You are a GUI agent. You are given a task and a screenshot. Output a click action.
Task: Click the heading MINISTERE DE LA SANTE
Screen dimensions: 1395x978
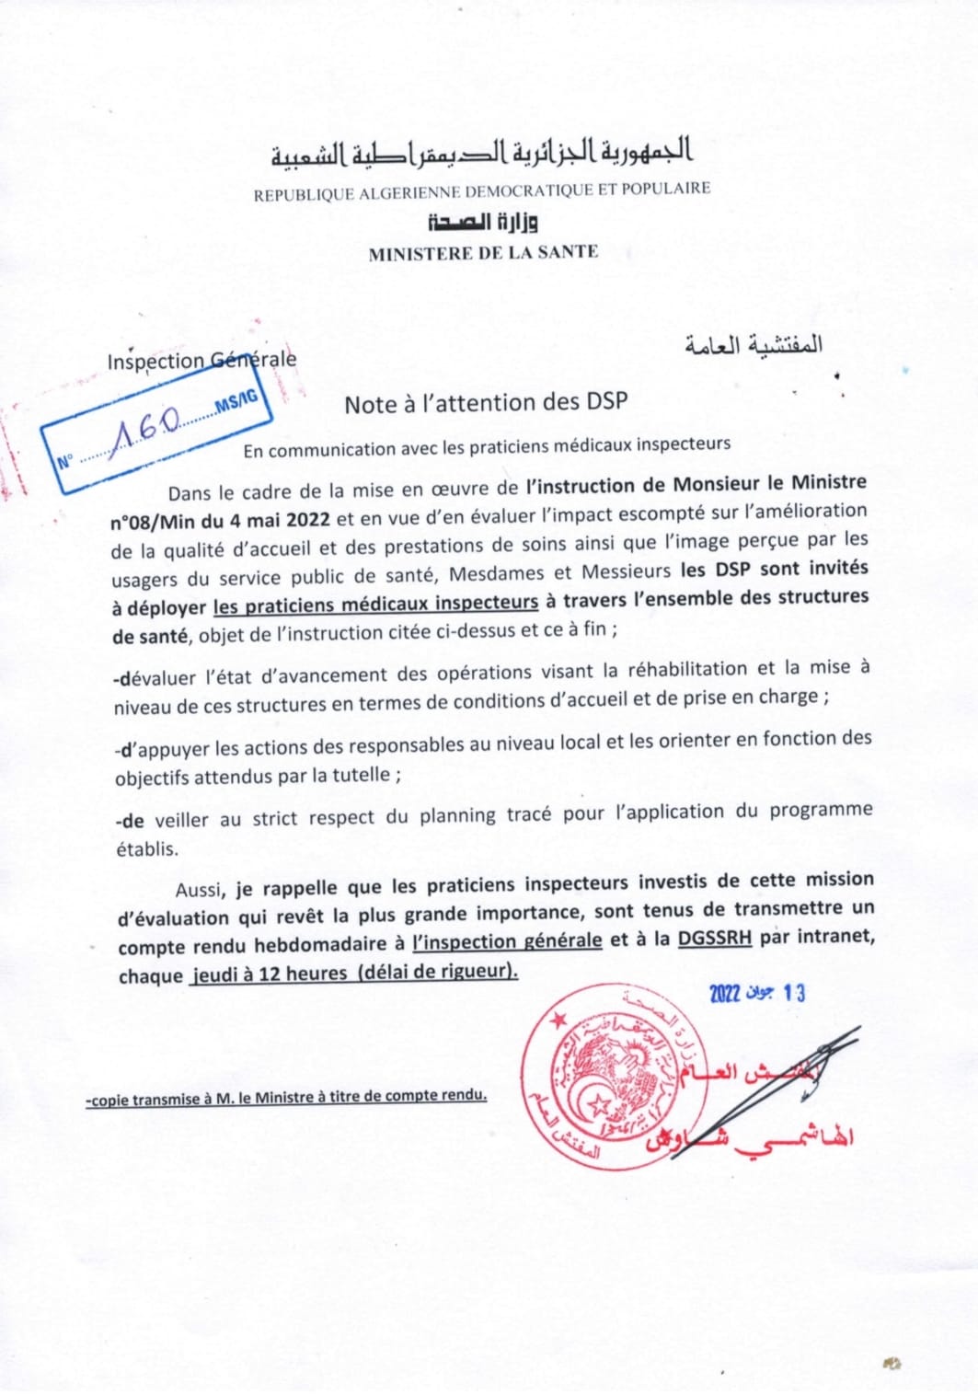click(x=483, y=253)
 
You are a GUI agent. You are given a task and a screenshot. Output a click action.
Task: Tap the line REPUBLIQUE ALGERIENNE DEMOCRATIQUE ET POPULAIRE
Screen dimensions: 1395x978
click(x=482, y=191)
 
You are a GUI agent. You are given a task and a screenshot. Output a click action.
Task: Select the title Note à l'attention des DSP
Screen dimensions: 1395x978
click(x=486, y=403)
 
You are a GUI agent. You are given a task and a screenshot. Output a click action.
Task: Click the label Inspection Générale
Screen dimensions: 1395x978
click(x=201, y=360)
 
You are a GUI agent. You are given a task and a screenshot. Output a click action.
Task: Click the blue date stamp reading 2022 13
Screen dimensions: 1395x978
click(x=757, y=993)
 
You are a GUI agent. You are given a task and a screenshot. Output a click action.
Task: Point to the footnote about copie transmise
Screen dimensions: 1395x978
click(x=286, y=1097)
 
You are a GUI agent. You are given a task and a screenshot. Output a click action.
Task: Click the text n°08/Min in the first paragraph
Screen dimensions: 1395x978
click(x=153, y=522)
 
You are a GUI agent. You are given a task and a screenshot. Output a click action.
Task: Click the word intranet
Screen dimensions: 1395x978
click(x=834, y=937)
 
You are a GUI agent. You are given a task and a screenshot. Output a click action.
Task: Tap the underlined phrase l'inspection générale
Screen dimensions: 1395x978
click(x=508, y=941)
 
